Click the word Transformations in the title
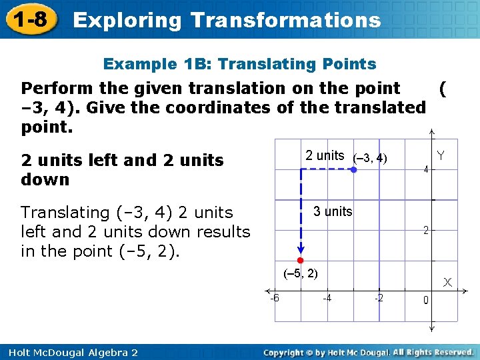[285, 20]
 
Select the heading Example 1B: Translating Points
[239, 64]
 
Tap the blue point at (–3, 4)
[353, 170]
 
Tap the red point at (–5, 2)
[301, 259]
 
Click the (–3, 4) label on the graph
[370, 158]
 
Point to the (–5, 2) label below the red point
[301, 273]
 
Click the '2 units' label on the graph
[325, 156]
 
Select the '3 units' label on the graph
[333, 211]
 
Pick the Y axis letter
[441, 156]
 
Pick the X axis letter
[447, 283]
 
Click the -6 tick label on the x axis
[275, 298]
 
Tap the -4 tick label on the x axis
[327, 298]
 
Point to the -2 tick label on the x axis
[378, 298]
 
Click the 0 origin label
[425, 301]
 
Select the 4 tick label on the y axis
[425, 169]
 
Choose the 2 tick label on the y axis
[425, 231]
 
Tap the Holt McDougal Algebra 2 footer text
[69, 352]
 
